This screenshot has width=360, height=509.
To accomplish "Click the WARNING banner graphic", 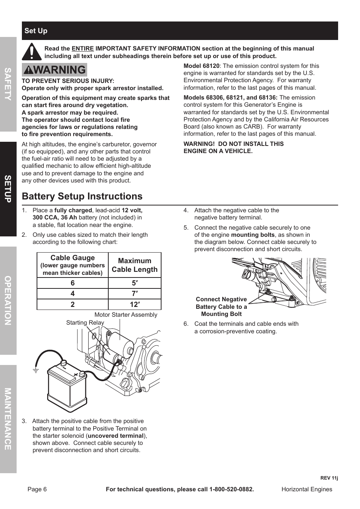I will (54, 70).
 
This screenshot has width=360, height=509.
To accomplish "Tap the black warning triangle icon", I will (32, 52).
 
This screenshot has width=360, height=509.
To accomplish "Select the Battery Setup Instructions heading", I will (82, 196).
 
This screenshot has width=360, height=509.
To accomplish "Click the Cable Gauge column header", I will (72, 265).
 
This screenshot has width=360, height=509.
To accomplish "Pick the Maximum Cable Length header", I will (135, 265).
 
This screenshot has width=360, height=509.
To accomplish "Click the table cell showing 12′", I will (135, 305).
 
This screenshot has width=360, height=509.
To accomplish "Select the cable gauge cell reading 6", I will (72, 283).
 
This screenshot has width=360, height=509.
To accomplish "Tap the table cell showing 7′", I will (135, 294).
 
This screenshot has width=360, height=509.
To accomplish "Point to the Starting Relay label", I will (85, 323).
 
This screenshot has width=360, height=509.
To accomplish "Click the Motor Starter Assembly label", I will (126, 315).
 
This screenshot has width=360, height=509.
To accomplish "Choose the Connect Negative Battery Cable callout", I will (221, 307).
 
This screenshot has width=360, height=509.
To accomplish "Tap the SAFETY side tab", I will (8, 84).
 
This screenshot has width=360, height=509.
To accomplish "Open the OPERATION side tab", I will (8, 300).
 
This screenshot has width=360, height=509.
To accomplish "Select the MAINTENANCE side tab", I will (8, 419).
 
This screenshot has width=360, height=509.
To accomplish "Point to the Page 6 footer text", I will (37, 489).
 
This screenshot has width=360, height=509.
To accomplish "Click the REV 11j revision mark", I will (329, 478).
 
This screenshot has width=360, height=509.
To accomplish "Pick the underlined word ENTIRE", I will (83, 49).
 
